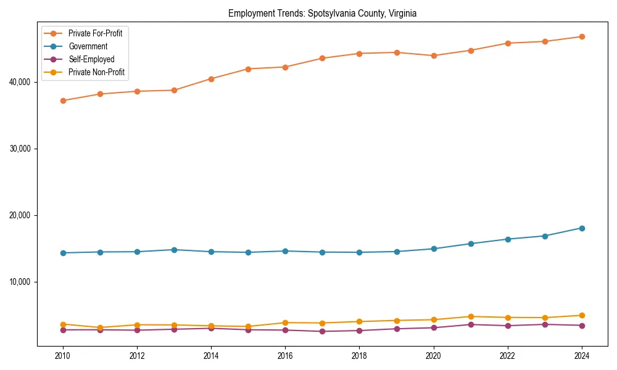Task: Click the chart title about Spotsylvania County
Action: click(322, 13)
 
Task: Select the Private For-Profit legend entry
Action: click(95, 33)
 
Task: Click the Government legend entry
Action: click(88, 46)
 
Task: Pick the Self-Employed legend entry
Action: click(91, 59)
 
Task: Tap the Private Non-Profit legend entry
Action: click(96, 72)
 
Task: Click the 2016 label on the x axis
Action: click(285, 356)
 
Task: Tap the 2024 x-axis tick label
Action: click(582, 356)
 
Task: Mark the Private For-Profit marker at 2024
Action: click(582, 36)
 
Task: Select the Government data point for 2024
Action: click(582, 228)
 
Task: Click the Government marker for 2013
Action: click(174, 250)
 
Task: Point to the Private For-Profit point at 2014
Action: click(211, 79)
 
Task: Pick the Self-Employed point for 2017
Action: click(322, 331)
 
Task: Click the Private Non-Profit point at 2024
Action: click(582, 315)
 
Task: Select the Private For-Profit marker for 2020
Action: click(434, 55)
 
